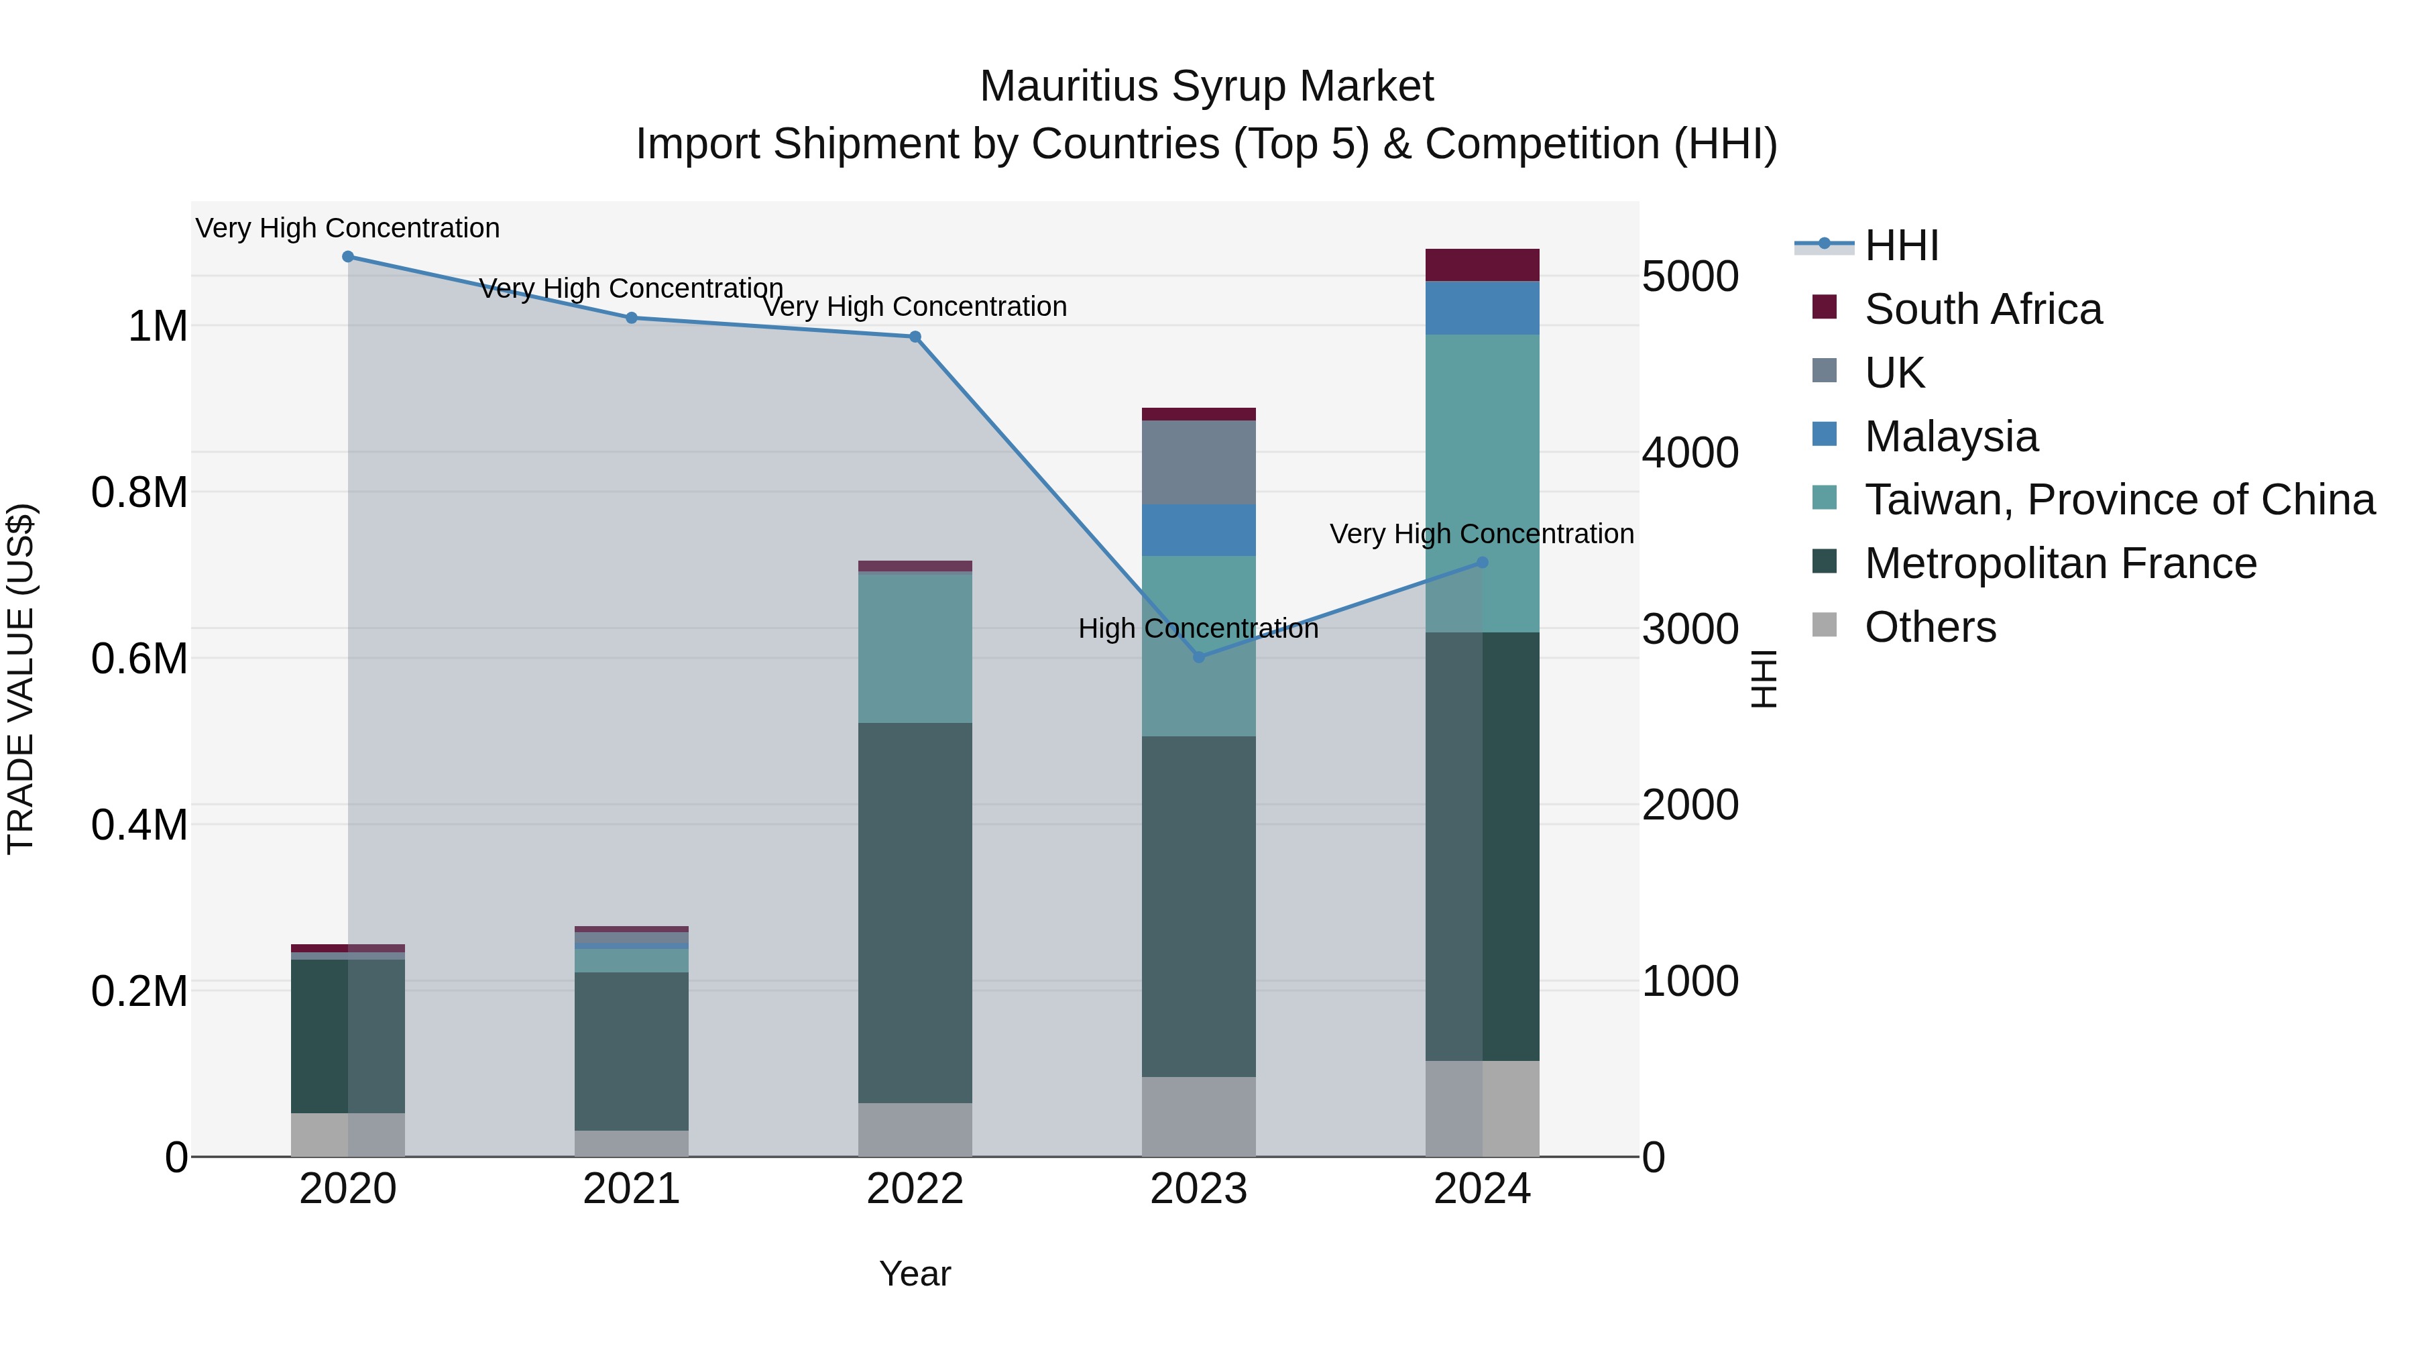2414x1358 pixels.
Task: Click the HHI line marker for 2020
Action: tap(347, 257)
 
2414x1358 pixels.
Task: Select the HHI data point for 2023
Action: tap(1198, 657)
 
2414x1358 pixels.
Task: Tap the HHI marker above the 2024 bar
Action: tap(1481, 563)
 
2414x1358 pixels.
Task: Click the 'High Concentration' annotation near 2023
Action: tap(1198, 628)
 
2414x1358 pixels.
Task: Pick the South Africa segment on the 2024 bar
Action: tap(1481, 265)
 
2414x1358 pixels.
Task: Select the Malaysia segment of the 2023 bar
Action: tap(1198, 530)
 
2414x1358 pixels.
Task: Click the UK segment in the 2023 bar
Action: tap(1198, 462)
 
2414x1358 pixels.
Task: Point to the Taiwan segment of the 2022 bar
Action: tap(915, 646)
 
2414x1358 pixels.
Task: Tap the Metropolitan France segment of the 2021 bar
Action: tap(631, 1051)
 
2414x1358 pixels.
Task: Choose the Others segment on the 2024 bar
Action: tap(1481, 1109)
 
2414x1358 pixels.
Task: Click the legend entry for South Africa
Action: tap(1982, 309)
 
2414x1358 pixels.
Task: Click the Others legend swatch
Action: tap(1824, 625)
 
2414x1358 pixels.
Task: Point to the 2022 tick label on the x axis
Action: tap(915, 1189)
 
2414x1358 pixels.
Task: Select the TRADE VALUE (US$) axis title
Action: tap(21, 679)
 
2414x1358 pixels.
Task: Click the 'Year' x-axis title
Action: tap(915, 1274)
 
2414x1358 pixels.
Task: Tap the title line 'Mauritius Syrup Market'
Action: tap(1206, 87)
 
